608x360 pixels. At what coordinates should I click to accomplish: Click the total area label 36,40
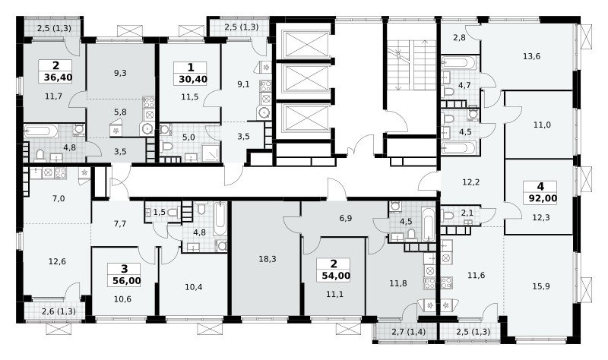pyautogui.click(x=58, y=77)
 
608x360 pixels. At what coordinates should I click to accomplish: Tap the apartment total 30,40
pyautogui.click(x=193, y=80)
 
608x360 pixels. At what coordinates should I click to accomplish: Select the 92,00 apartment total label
pyautogui.click(x=543, y=198)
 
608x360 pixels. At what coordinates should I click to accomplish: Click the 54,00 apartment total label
pyautogui.click(x=336, y=276)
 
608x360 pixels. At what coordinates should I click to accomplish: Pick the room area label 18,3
pyautogui.click(x=268, y=259)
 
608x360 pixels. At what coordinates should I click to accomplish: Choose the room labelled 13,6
pyautogui.click(x=531, y=56)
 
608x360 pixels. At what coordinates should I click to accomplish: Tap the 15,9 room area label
pyautogui.click(x=541, y=286)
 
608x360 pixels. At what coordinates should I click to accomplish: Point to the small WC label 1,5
pyautogui.click(x=159, y=212)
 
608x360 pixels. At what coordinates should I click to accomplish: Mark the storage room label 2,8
pyautogui.click(x=460, y=37)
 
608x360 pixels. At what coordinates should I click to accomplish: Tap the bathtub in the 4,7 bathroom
pyautogui.click(x=459, y=62)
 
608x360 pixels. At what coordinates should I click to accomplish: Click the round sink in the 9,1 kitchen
pyautogui.click(x=264, y=112)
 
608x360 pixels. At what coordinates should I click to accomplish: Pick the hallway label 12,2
pyautogui.click(x=471, y=182)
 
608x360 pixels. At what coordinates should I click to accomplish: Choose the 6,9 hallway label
pyautogui.click(x=346, y=218)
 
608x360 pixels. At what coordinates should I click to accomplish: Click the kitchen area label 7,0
pyautogui.click(x=59, y=199)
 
